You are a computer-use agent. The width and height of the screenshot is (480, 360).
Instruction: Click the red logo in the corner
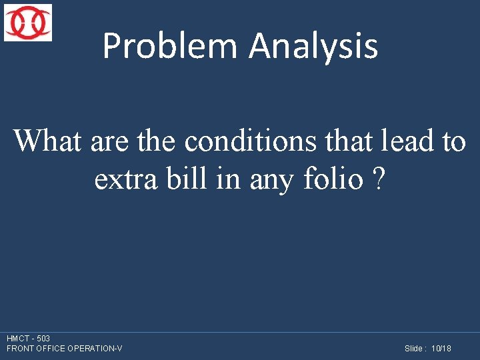click(28, 23)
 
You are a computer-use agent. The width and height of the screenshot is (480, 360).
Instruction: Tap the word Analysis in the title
click(313, 46)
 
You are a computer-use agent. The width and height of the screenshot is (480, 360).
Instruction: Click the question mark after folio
click(379, 179)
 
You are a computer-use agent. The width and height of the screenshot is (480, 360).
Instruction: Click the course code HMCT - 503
click(28, 339)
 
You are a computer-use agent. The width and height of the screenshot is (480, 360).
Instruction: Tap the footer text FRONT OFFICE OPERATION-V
click(64, 349)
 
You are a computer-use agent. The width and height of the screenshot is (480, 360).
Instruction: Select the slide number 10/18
click(441, 349)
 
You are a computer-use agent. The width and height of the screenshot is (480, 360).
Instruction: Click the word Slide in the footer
click(413, 349)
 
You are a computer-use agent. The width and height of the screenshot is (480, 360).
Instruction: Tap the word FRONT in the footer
click(19, 349)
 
